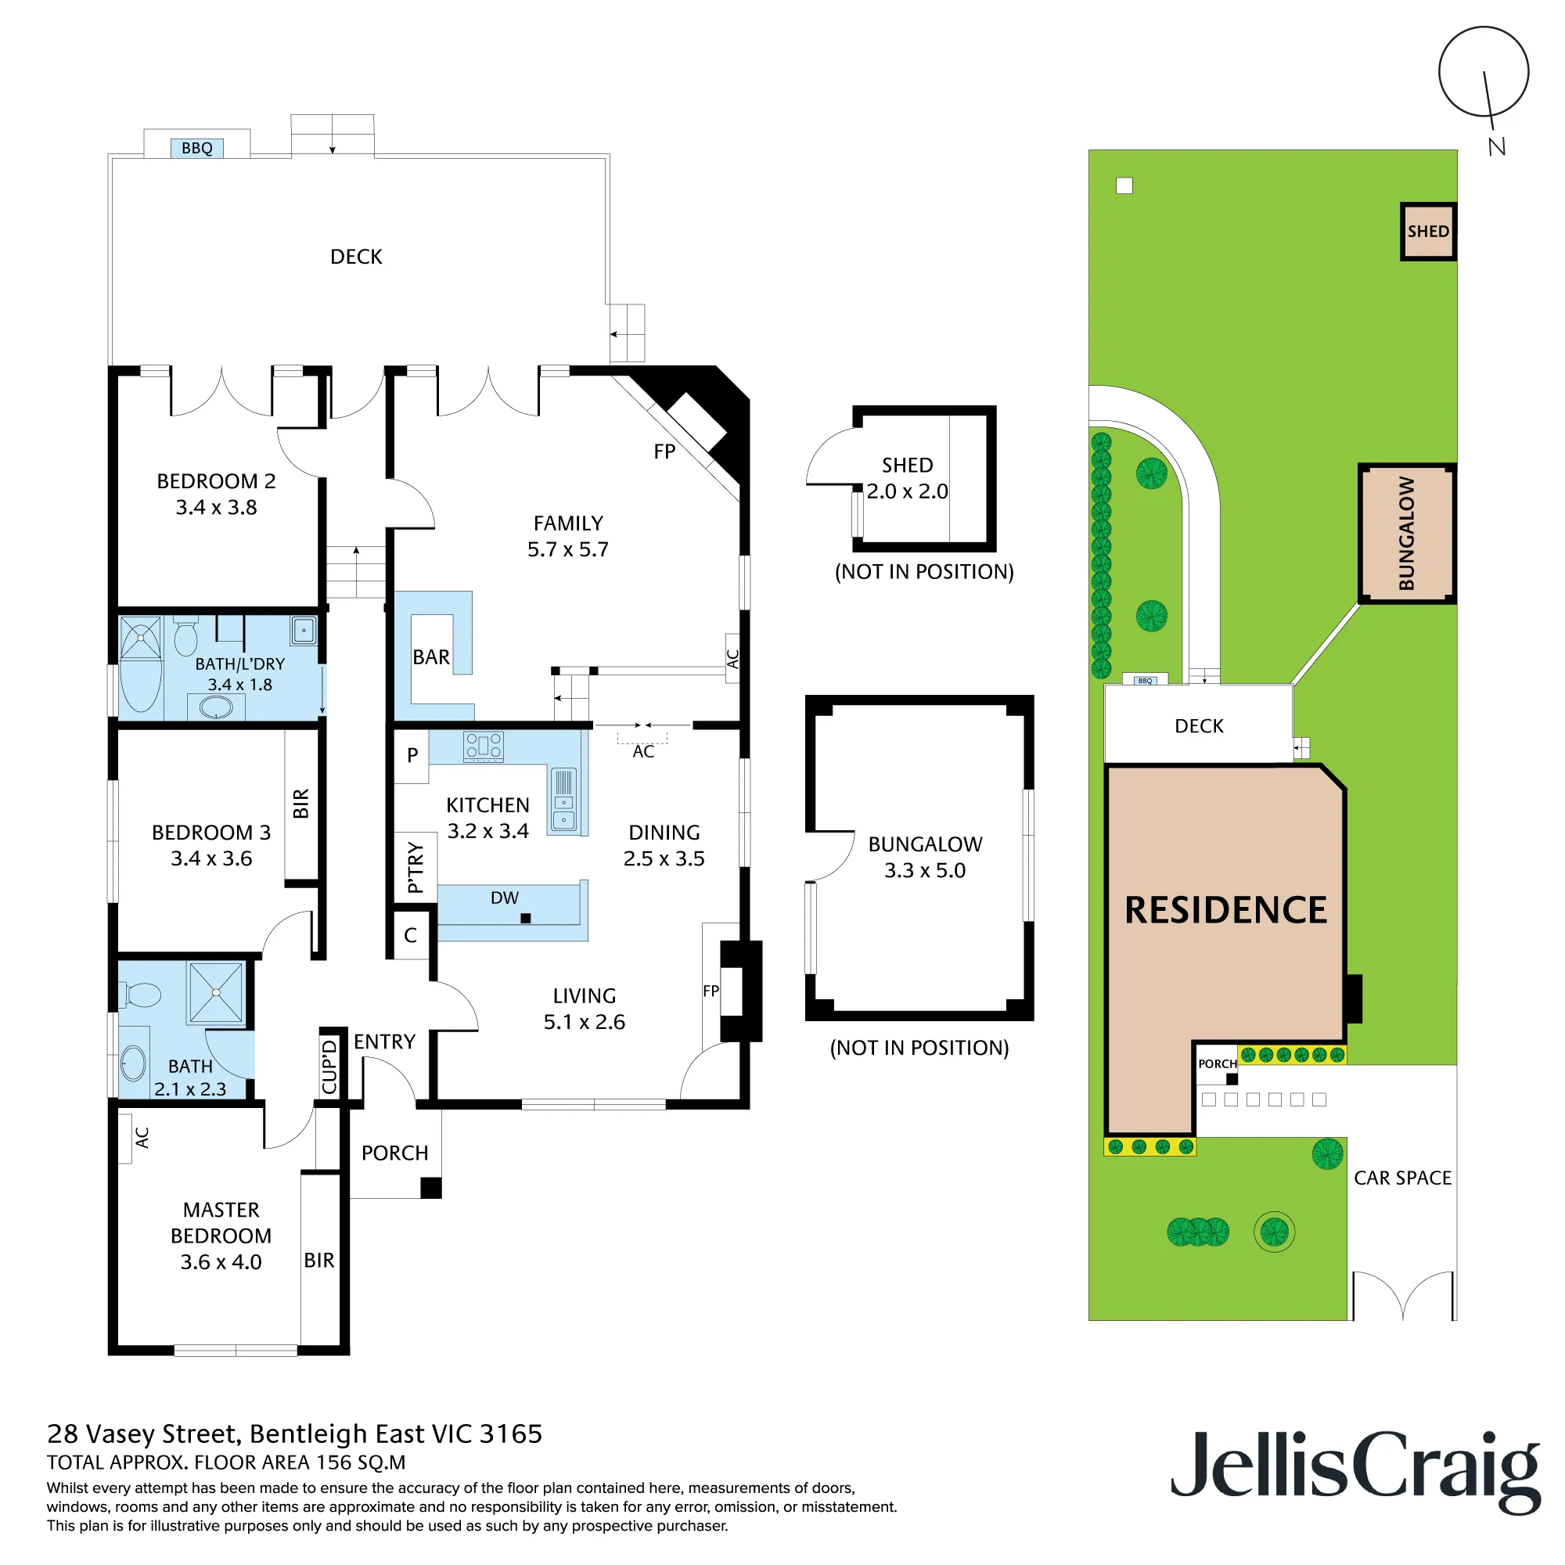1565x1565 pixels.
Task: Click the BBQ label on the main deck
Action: (197, 148)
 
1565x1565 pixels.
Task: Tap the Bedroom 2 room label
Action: (216, 481)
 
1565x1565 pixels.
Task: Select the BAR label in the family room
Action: (431, 657)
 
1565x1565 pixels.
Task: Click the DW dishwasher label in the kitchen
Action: (505, 898)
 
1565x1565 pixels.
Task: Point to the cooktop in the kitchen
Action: (484, 747)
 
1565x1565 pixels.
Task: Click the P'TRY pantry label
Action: (416, 868)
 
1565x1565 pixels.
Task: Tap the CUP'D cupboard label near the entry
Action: (329, 1066)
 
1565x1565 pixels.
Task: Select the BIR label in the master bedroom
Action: (319, 1261)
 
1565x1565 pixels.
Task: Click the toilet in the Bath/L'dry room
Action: (185, 637)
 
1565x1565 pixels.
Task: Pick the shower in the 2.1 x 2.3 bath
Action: (215, 992)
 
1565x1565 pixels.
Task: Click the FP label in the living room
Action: (711, 991)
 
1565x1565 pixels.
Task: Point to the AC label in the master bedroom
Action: (142, 1138)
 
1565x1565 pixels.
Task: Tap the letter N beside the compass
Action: (1497, 146)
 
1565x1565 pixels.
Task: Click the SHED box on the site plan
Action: (1428, 232)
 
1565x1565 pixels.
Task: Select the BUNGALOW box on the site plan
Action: (1407, 534)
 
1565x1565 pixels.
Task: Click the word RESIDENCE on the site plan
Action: (1225, 911)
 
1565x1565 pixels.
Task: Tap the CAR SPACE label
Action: (1403, 1178)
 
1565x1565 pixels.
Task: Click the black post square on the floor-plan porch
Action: (431, 1188)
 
